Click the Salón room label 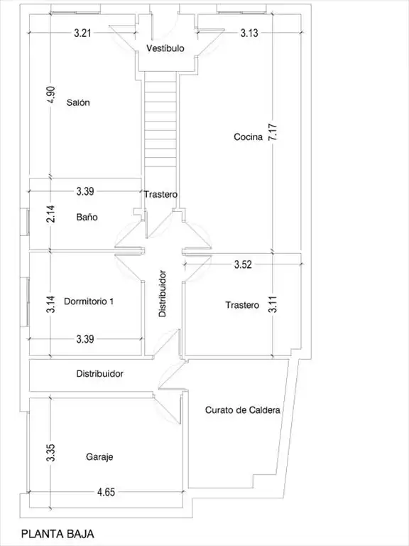(x=78, y=102)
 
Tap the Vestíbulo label (x=165, y=48)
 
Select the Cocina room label (x=248, y=136)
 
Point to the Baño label (x=87, y=217)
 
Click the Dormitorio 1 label (x=89, y=301)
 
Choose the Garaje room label (x=99, y=457)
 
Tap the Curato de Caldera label (x=242, y=409)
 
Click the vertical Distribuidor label (x=163, y=294)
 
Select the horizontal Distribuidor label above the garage (x=100, y=374)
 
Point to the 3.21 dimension (x=83, y=33)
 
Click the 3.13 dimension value (x=249, y=33)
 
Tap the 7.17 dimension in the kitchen (x=273, y=132)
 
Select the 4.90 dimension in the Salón (x=51, y=95)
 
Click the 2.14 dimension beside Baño (x=51, y=214)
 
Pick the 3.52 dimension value (x=243, y=264)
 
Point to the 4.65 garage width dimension (x=106, y=492)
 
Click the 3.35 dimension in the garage (x=51, y=453)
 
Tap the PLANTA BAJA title (x=58, y=534)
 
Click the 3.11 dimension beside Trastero (x=273, y=304)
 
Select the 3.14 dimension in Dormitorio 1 (x=51, y=304)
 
